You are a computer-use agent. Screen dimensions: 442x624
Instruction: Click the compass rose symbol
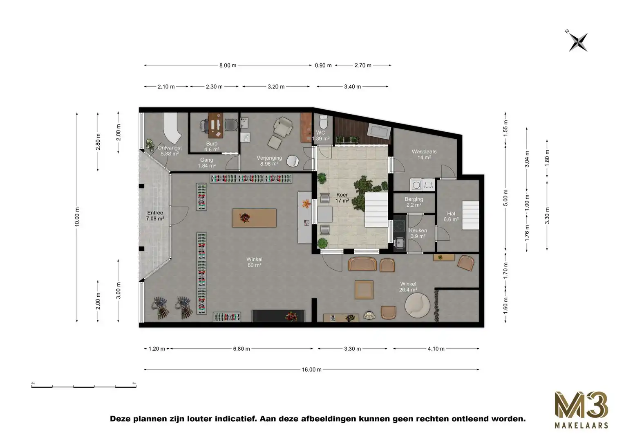point(577,42)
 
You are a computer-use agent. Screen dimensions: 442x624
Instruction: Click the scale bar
point(84,386)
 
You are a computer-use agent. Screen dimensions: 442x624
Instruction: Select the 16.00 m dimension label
point(311,370)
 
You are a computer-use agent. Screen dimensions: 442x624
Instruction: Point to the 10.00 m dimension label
point(77,217)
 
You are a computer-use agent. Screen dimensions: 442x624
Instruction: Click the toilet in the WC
point(323,122)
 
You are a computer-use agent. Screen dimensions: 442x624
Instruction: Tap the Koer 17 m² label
point(342,198)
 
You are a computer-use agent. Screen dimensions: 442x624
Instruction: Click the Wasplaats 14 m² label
point(424,154)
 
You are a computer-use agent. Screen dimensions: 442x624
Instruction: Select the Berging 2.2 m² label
point(414,202)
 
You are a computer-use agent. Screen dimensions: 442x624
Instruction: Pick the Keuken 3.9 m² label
point(418,233)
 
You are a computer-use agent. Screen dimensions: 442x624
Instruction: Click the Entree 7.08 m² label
point(155,216)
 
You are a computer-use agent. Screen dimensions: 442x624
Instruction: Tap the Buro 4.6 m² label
point(212,147)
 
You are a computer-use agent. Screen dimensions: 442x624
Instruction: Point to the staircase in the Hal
point(470,216)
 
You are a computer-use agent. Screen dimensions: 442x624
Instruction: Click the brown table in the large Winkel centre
point(254,218)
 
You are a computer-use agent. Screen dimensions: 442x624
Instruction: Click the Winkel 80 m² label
point(254,262)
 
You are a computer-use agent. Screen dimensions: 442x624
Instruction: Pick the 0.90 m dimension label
point(323,65)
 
